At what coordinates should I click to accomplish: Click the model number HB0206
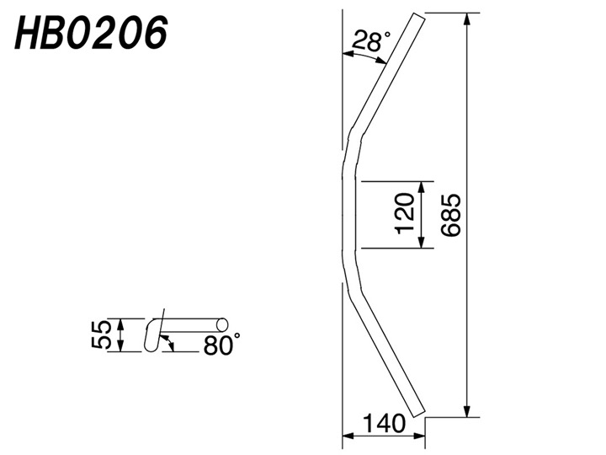(91, 34)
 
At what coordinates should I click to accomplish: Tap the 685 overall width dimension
(450, 215)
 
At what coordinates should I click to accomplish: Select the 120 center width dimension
(405, 213)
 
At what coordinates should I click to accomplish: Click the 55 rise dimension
(101, 335)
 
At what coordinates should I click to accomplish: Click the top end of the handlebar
(419, 16)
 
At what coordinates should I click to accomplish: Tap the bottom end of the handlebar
(419, 412)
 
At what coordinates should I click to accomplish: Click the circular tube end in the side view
(222, 324)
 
